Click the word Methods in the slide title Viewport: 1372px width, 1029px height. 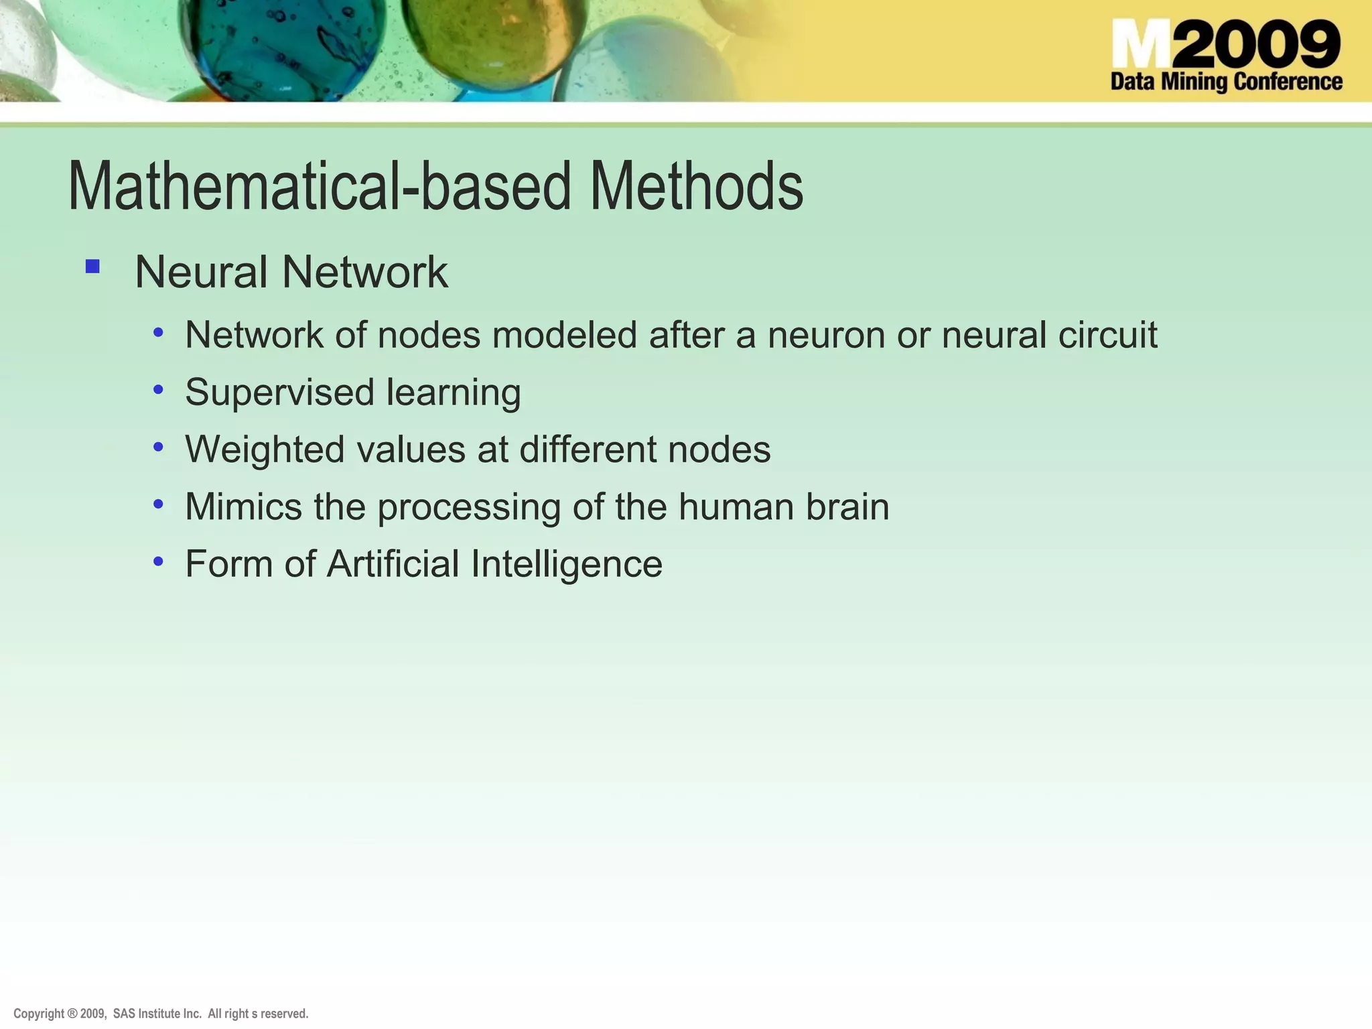coord(696,187)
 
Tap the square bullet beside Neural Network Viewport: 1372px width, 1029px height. coord(92,267)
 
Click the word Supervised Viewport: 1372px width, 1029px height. coord(279,393)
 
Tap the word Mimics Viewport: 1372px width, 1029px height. coord(243,506)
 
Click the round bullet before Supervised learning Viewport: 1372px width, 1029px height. coord(158,389)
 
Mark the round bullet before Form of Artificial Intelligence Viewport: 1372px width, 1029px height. coord(158,561)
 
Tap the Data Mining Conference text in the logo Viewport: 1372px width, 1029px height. coord(1226,82)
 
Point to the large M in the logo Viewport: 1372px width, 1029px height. coord(1142,45)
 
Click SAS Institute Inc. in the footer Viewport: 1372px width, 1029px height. coord(157,1014)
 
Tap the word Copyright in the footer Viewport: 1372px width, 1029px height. coord(39,1014)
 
